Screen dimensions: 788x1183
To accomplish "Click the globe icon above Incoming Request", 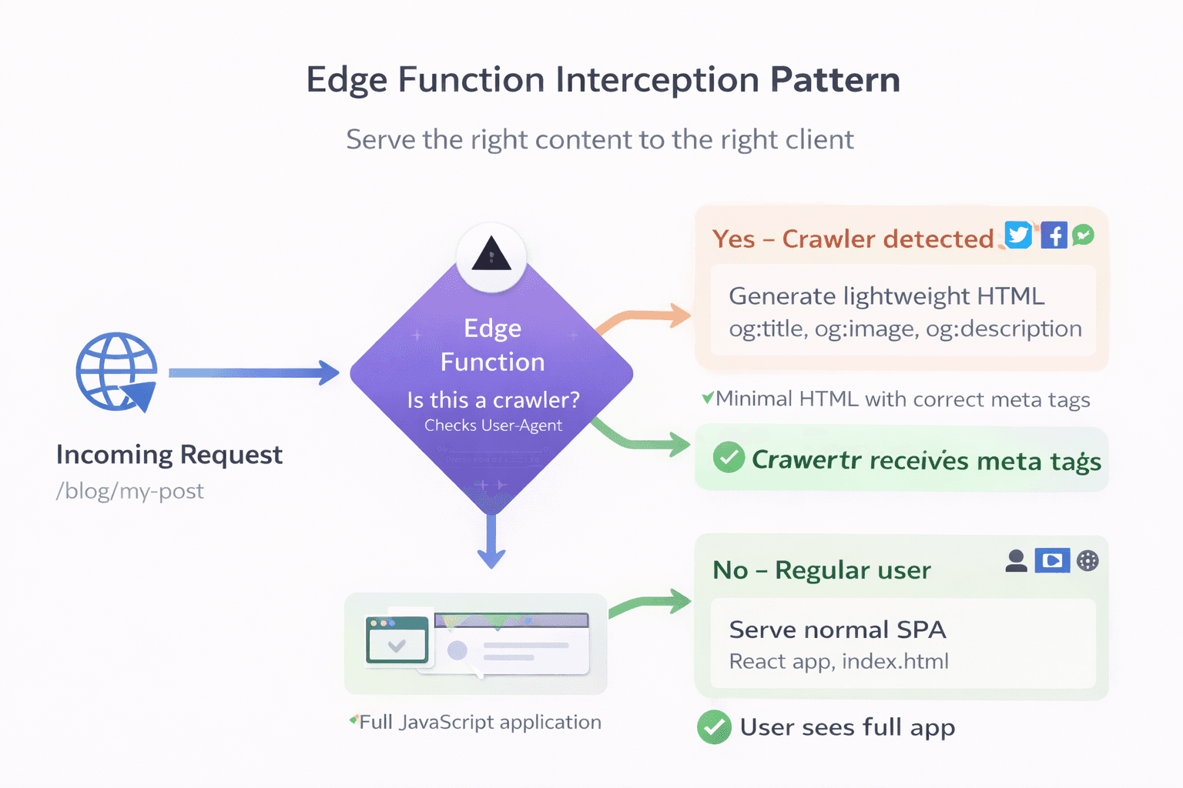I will coord(116,372).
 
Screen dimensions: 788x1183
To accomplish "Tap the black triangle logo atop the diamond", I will coord(491,255).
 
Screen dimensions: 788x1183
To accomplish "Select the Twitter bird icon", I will coord(1018,235).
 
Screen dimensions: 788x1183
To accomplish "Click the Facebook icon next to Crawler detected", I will coord(1054,235).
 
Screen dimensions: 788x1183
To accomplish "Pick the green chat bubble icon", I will coord(1084,235).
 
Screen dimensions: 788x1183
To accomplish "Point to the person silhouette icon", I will coord(1016,561).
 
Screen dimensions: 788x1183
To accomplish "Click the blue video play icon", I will coord(1052,561).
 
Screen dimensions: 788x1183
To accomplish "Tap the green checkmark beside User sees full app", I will coord(714,727).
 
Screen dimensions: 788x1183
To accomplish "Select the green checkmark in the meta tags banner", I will coord(728,458).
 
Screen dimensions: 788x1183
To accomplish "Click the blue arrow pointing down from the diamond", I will coord(491,542).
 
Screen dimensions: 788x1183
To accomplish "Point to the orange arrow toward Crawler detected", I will coord(644,318).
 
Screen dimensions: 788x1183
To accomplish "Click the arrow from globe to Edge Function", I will coord(253,373).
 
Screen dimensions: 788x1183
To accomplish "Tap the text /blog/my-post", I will coord(130,491).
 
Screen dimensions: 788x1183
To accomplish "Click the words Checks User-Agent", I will coord(493,426).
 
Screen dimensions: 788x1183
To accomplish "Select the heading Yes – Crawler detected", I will coord(853,239).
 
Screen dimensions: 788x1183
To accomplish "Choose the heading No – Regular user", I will coord(822,570).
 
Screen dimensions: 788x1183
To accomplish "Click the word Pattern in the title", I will coord(835,80).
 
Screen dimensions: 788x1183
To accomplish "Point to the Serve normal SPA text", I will coord(837,629).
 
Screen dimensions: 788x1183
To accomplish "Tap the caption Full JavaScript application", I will coord(480,723).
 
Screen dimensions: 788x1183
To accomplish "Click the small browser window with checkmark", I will coord(397,639).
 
